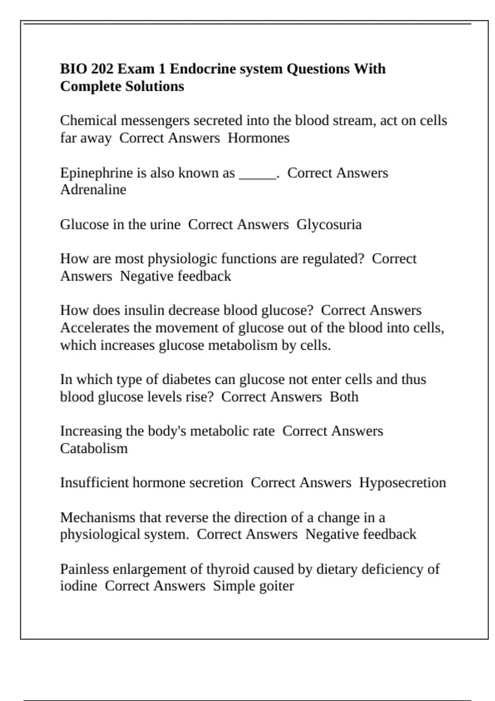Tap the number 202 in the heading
coord(102,69)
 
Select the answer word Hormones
coord(259,138)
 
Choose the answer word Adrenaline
coord(93,190)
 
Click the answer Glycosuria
coord(329,225)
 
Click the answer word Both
coord(344,397)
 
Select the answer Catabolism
coord(94,449)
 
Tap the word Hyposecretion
coord(402,483)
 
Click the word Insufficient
coord(94,483)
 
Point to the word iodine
coord(78,586)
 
